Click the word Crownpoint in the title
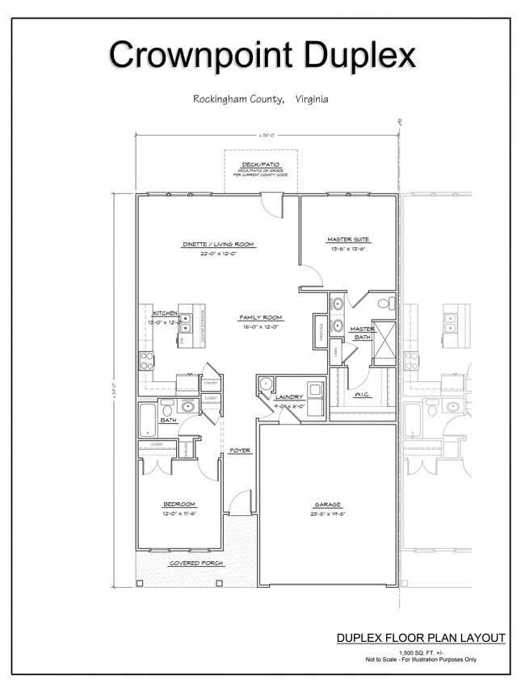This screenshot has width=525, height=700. coord(202,55)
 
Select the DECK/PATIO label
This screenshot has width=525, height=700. coord(260,164)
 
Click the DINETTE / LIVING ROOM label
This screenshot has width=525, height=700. coord(217,244)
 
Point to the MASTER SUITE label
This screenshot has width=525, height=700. coord(348,240)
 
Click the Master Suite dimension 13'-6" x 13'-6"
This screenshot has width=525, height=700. coord(348,250)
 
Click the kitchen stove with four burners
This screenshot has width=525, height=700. coord(146,360)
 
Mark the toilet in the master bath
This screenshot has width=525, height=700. coord(386,304)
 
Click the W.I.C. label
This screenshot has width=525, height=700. coord(361,395)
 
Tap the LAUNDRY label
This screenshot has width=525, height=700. coord(288,396)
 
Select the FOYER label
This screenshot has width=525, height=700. coord(240,451)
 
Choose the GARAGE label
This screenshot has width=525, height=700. coord(327,505)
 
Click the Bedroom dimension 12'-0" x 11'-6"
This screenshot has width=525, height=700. coord(179,513)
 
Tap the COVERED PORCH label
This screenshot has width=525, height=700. coord(196,563)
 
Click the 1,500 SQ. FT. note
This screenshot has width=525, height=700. coord(420,652)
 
